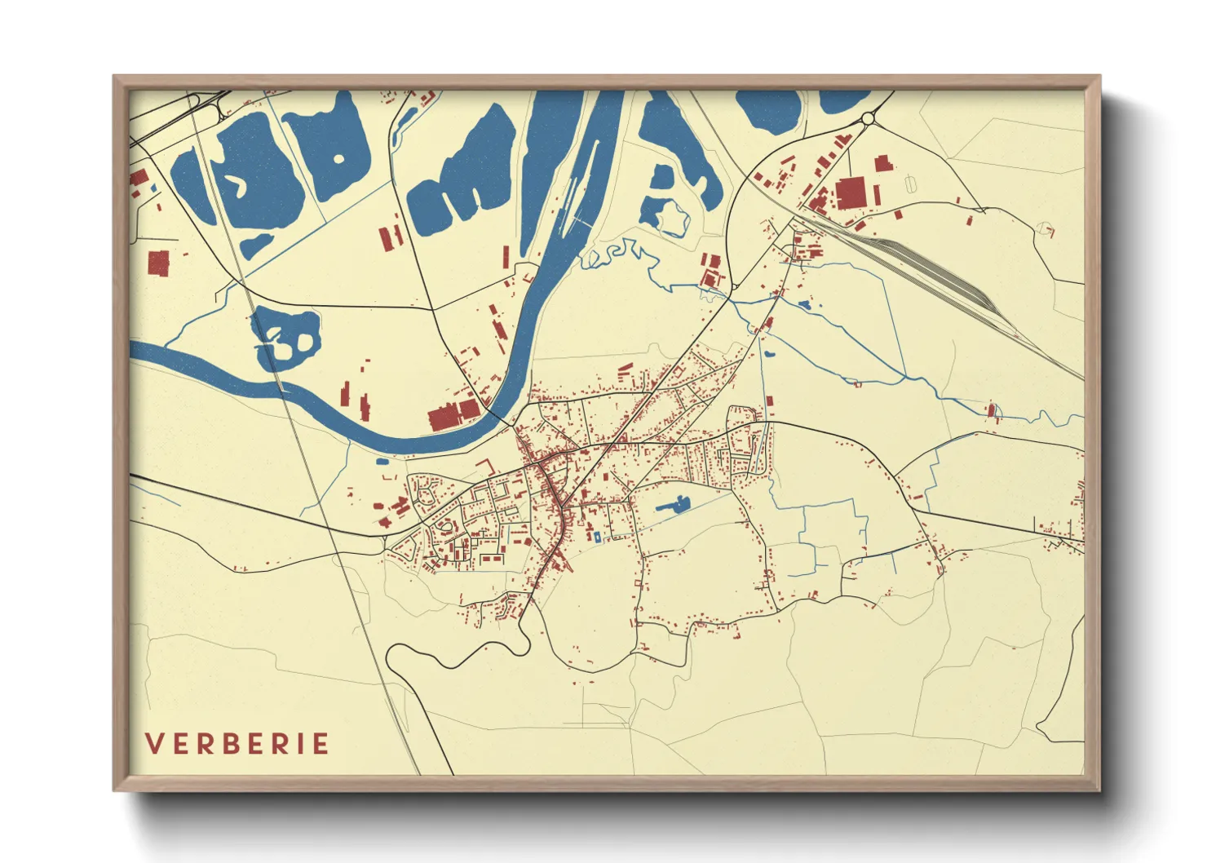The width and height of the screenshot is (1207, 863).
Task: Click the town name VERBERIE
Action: pos(237,744)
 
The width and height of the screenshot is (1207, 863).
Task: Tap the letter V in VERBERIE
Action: pos(153,744)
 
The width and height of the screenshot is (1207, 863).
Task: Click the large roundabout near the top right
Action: pos(867,119)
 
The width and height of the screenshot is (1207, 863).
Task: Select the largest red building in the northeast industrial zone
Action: pos(850,195)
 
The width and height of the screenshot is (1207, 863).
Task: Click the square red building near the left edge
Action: pos(157,263)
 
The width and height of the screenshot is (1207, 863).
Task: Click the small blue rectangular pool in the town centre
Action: pos(596,537)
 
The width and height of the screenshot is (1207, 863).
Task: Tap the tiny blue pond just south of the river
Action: pos(382,462)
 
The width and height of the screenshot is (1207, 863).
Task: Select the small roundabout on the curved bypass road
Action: pos(733,287)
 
